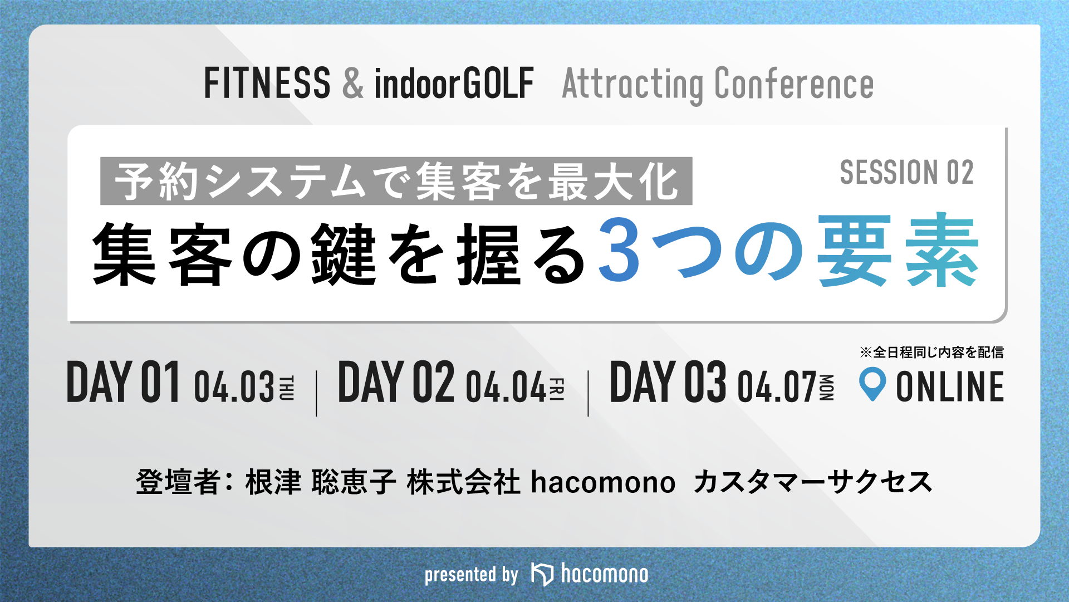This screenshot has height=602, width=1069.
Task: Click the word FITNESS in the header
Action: pos(267,83)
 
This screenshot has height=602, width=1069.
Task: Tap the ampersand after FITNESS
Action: pos(353,83)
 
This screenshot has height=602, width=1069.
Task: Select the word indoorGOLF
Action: pos(454,83)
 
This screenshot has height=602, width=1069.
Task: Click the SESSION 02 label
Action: pos(906,172)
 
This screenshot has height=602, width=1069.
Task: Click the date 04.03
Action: pos(234,386)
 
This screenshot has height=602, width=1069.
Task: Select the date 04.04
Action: pos(506,386)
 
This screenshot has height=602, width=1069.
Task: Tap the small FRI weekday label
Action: pos(557,389)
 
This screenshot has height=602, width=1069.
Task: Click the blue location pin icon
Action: pos(872,383)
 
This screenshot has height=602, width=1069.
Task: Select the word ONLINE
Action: pos(950,386)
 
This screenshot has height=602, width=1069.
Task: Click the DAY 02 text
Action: pos(396,381)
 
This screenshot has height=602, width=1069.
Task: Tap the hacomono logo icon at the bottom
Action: pos(542,574)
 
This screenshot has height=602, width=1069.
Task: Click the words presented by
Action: pos(471,575)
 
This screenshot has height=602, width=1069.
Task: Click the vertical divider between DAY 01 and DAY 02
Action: pos(316,393)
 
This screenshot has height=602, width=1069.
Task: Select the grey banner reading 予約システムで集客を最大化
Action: pos(396,181)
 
